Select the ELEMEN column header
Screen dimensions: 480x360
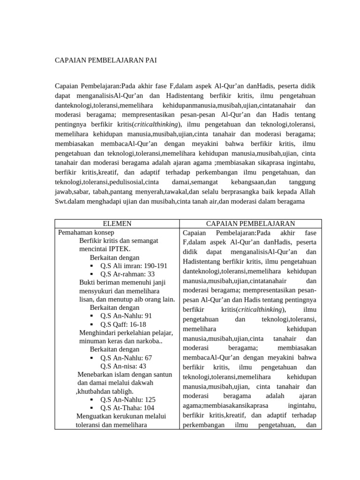[117, 224]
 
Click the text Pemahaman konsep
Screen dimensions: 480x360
[86, 232]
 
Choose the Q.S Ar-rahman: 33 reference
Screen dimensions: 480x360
[127, 274]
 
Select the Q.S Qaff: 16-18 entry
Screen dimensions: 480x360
[123, 324]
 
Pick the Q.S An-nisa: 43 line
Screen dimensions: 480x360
[123, 366]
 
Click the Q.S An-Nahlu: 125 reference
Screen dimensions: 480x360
[128, 400]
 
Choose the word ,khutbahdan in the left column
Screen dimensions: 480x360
[96, 391]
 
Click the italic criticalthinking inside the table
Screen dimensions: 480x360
[260, 310]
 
